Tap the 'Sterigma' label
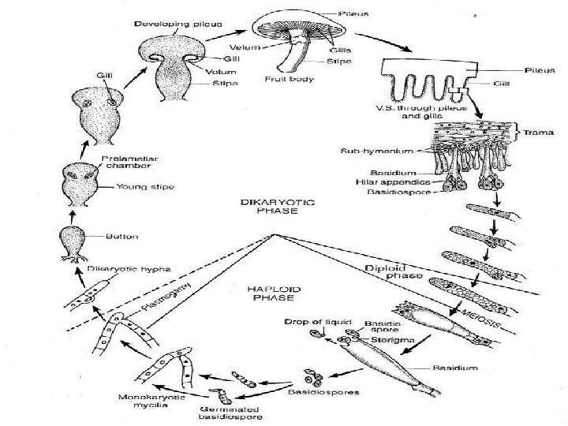coord(382,340)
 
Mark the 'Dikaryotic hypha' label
coord(119,269)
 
